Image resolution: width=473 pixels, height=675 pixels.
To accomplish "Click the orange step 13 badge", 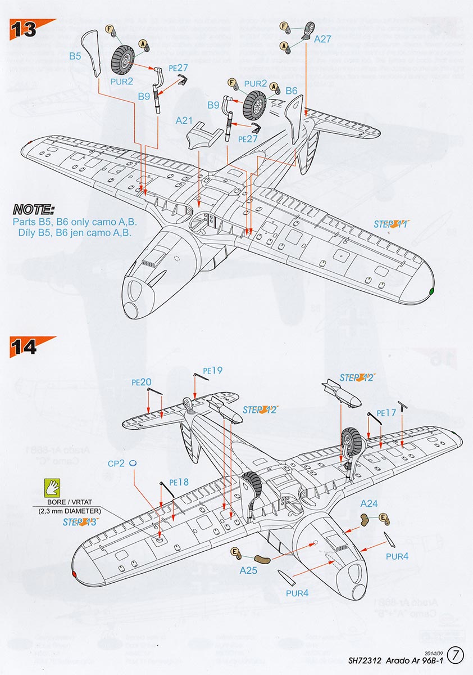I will point(25,29).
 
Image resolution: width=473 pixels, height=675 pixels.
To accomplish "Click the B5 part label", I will point(76,56).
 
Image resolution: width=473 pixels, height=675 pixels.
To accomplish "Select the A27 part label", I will point(323,39).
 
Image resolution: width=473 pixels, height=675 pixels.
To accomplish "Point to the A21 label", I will point(184,120).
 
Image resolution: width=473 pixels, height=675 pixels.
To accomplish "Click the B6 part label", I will point(291,91).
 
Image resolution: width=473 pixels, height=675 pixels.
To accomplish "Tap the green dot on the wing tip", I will point(431,291).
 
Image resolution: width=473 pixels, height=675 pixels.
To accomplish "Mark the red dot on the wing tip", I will point(74,574).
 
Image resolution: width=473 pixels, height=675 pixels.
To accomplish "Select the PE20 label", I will point(142,382).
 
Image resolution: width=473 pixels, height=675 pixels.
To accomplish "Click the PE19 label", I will point(213,370).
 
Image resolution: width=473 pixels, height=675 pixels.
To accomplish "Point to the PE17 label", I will point(386,412).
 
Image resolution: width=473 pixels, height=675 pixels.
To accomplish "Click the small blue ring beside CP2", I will point(133,462).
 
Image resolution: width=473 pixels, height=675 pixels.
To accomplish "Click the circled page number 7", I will point(457,655).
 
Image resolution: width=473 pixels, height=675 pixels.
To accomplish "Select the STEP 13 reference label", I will point(80,522).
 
